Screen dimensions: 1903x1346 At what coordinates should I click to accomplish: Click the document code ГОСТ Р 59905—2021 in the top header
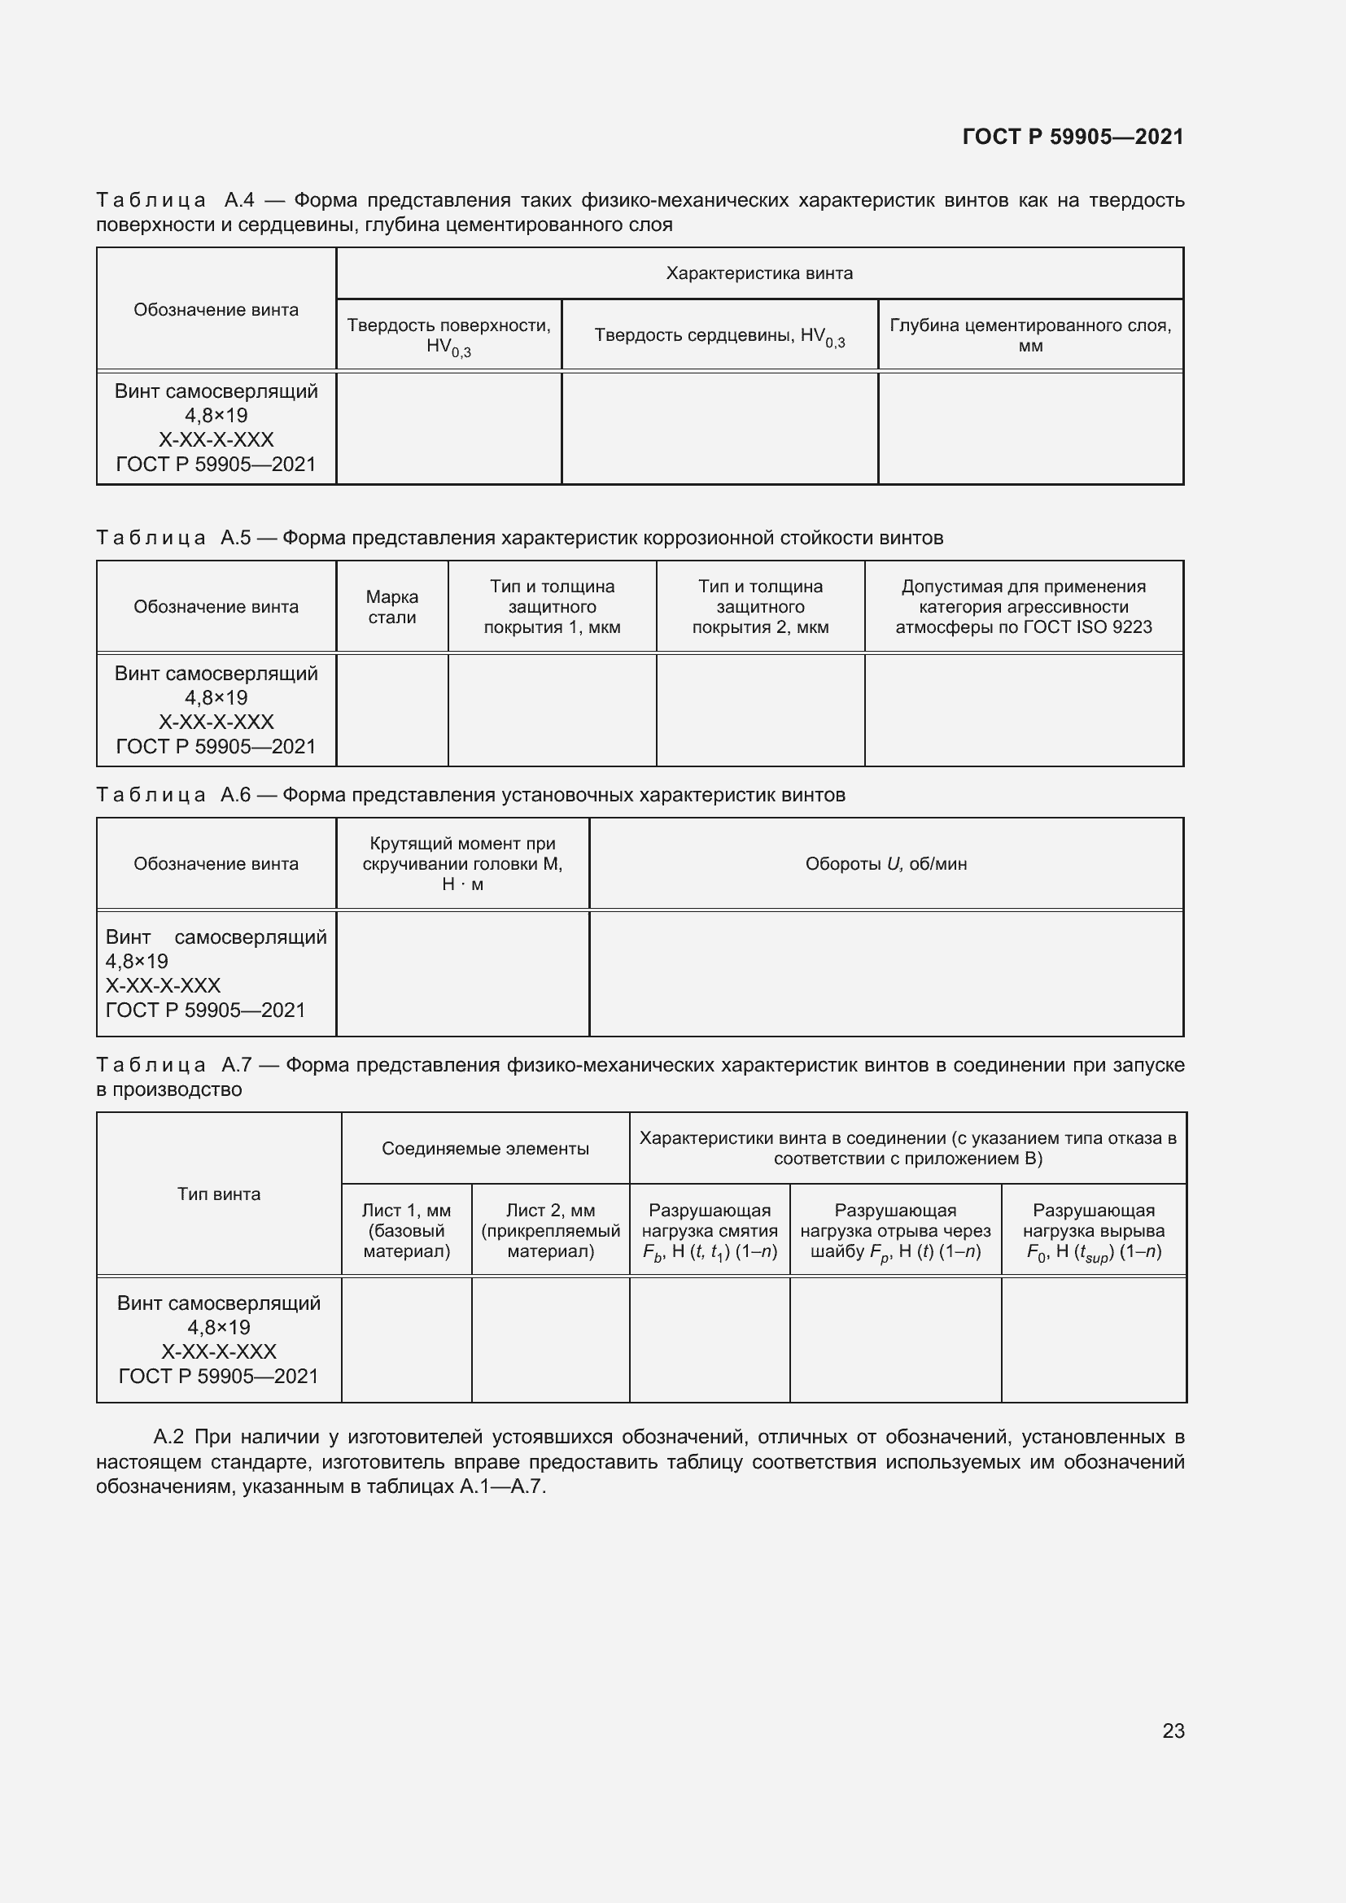[x=1073, y=137]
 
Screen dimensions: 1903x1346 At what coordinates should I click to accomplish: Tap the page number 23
[x=1173, y=1731]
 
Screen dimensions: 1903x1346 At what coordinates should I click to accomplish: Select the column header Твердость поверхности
[x=448, y=336]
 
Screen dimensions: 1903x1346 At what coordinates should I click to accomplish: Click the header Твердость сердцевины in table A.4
[x=719, y=336]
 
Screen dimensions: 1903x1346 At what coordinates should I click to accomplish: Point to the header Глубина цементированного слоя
[x=1029, y=335]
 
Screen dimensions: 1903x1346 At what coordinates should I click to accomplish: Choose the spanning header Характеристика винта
[x=758, y=273]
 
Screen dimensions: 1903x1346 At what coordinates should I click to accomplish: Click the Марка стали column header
[x=392, y=607]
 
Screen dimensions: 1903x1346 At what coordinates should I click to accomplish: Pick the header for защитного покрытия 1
[x=552, y=607]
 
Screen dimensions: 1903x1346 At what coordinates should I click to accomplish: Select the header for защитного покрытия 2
[x=760, y=607]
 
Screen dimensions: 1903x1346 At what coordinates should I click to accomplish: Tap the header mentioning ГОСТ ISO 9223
[x=1023, y=607]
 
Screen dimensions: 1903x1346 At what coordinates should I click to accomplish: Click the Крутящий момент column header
[x=462, y=864]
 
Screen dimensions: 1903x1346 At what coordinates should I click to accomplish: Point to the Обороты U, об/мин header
[x=885, y=864]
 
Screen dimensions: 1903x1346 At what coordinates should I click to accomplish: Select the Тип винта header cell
[x=219, y=1194]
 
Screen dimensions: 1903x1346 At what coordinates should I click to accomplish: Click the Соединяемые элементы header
[x=485, y=1148]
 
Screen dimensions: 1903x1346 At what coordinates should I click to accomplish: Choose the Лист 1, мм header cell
[x=406, y=1231]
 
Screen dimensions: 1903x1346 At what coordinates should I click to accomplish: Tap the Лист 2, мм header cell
[x=550, y=1231]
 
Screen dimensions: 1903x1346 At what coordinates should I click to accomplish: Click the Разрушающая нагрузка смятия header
[x=710, y=1231]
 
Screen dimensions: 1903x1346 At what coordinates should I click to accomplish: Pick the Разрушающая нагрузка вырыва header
[x=1093, y=1231]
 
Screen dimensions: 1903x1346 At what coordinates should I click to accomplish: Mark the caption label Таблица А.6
[x=173, y=795]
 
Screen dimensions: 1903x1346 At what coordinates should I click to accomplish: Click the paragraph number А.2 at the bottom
[x=170, y=1436]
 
